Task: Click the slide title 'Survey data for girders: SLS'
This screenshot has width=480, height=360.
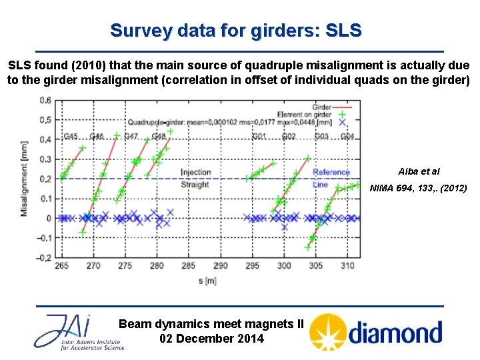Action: point(236,31)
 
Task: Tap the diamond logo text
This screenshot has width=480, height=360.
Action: point(395,332)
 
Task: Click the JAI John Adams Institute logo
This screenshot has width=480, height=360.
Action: point(79,332)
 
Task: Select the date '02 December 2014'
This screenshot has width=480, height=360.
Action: point(211,339)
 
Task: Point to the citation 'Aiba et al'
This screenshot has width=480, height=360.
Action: point(419,171)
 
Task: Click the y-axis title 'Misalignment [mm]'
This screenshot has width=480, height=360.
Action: point(24,179)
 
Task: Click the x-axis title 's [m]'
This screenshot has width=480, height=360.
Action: point(207,281)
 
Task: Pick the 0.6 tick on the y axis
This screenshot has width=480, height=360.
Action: point(45,101)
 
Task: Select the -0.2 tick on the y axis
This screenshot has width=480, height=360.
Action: point(43,257)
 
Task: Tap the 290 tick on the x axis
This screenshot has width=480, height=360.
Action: point(220,265)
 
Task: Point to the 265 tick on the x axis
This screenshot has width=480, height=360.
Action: point(61,265)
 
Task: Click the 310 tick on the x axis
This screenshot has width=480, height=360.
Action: point(347,265)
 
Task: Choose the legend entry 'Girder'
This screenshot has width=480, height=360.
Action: point(322,107)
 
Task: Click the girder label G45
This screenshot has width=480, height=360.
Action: point(71,137)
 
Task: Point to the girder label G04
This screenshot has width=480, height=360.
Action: point(347,137)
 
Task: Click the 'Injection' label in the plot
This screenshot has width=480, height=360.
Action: point(196,173)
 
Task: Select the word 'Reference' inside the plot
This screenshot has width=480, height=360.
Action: point(331,173)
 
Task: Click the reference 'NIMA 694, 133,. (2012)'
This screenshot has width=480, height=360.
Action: point(419,188)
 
